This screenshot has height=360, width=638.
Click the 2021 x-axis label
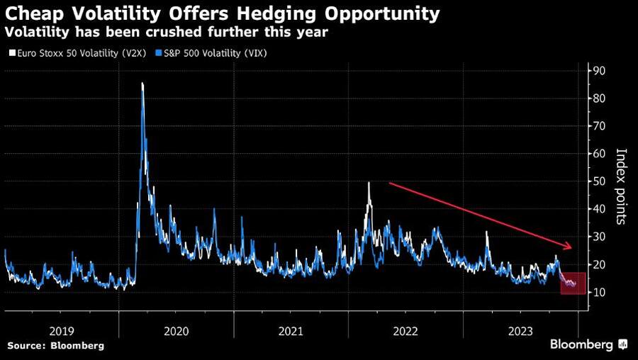coord(291,330)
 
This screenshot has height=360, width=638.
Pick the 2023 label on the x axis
coord(520,330)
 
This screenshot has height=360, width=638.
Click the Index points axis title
coord(620,186)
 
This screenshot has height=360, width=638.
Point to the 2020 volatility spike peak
coord(142,84)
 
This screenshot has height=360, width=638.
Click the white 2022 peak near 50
coord(369,184)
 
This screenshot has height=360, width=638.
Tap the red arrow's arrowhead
coord(567,247)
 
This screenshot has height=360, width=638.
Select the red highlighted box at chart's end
coord(573,283)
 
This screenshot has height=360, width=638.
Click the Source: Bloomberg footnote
coord(55,345)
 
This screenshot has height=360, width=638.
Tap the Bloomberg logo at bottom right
coord(588,344)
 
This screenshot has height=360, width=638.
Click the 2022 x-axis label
coord(405,330)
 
